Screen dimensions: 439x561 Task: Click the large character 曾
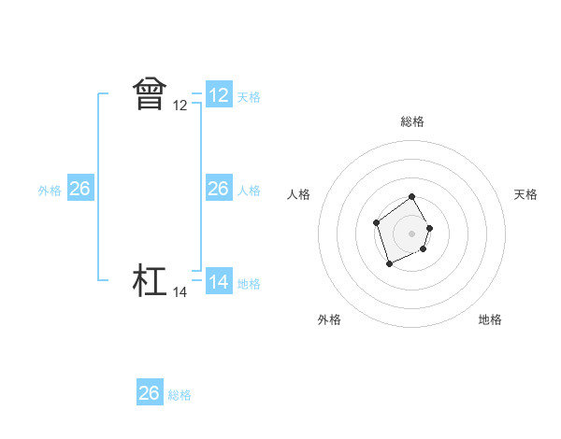[x=150, y=94]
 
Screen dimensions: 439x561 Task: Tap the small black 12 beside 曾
[x=180, y=106]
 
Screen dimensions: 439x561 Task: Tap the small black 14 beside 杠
[x=180, y=292]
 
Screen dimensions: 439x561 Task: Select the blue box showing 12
[x=219, y=95]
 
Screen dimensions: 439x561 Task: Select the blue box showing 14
[x=219, y=281]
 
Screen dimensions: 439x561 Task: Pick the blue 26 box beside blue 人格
[x=219, y=189]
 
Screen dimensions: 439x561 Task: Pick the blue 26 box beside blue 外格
[x=79, y=189]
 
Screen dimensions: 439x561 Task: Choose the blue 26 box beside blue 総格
[x=150, y=393]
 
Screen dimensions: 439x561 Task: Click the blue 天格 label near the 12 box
[x=249, y=97]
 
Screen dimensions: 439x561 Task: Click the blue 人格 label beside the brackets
[x=249, y=191]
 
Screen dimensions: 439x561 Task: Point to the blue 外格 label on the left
[x=50, y=191]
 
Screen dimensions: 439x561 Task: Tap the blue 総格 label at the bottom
[x=180, y=395]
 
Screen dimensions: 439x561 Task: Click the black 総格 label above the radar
[x=412, y=121]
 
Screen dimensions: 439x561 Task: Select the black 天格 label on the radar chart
[x=525, y=194]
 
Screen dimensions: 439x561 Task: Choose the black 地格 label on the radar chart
[x=490, y=319]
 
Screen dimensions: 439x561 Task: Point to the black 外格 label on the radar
[x=329, y=319]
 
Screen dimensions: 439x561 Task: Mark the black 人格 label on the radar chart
[x=298, y=194]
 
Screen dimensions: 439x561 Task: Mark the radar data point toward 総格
[x=412, y=198]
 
